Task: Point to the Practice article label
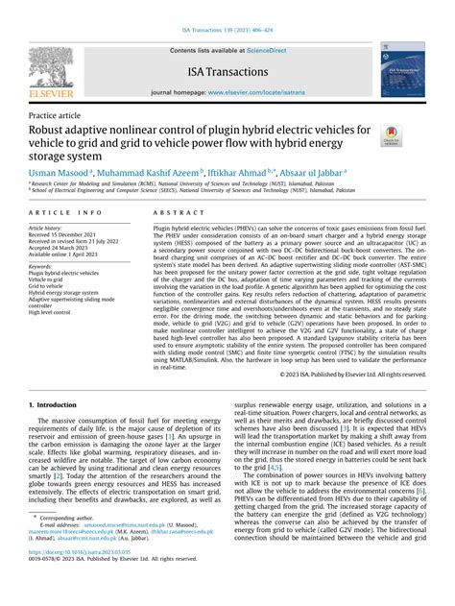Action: coord(57,113)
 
